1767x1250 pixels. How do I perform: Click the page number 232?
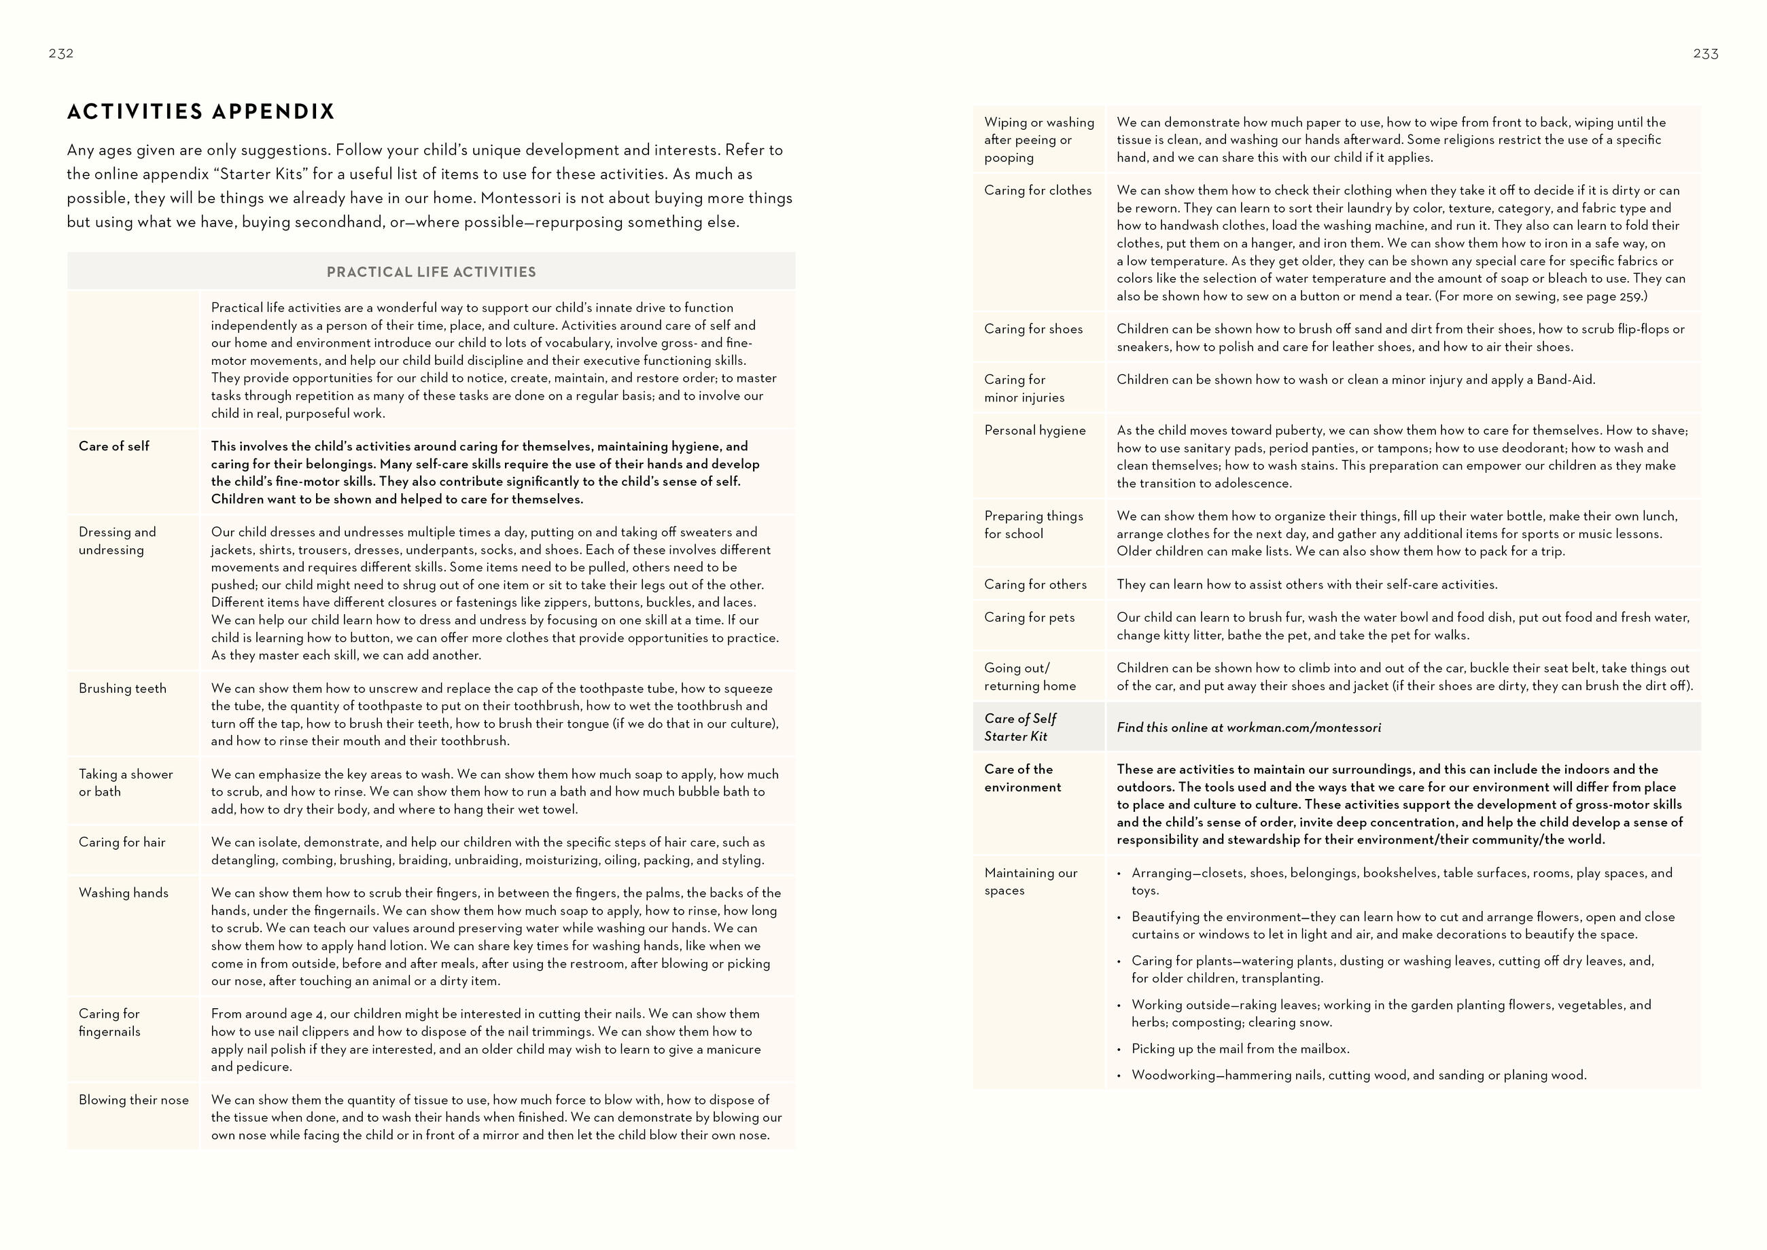[60, 53]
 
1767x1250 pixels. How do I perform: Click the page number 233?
[1705, 53]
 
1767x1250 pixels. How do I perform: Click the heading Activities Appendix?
[201, 111]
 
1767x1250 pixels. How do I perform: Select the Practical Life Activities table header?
[431, 272]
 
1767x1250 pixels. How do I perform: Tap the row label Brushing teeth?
[122, 688]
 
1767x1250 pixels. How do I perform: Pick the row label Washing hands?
[123, 893]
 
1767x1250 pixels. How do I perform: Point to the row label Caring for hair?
[122, 842]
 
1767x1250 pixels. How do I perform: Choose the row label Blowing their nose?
[133, 1100]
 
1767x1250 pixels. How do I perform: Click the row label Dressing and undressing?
[117, 540]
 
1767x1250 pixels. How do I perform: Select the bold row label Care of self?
[114, 446]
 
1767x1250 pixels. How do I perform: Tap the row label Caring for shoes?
[1033, 329]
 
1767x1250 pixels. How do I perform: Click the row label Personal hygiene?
[1035, 430]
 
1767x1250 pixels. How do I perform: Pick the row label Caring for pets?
[1030, 618]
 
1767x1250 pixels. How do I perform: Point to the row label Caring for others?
[1036, 584]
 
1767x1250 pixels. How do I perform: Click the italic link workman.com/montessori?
[1304, 728]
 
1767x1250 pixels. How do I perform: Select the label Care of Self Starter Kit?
[1020, 728]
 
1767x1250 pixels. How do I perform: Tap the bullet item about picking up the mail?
[1240, 1048]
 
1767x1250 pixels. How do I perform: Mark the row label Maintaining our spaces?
[1031, 881]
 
